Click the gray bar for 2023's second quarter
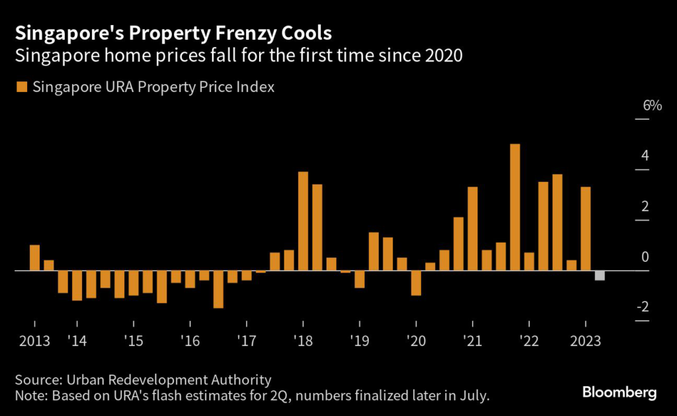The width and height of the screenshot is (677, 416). pos(600,276)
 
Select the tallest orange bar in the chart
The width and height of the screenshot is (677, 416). pos(515,207)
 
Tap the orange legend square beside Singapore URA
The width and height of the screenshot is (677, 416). pos(21,87)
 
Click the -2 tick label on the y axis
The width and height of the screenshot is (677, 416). pos(641,308)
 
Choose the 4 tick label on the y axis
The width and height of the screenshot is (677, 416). pos(644,156)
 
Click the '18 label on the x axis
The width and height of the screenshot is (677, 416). pos(303,342)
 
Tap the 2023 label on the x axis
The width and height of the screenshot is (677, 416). pos(585,342)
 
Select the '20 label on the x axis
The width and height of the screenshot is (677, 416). pos(416,342)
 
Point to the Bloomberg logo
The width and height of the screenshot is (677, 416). pos(619,393)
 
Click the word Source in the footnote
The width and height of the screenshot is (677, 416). pos(37,380)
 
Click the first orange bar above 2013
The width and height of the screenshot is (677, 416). pos(34,257)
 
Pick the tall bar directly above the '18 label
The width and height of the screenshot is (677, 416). pos(303,221)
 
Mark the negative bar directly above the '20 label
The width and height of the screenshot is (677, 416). pos(416,283)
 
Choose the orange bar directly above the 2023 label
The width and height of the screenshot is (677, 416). pos(585,229)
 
